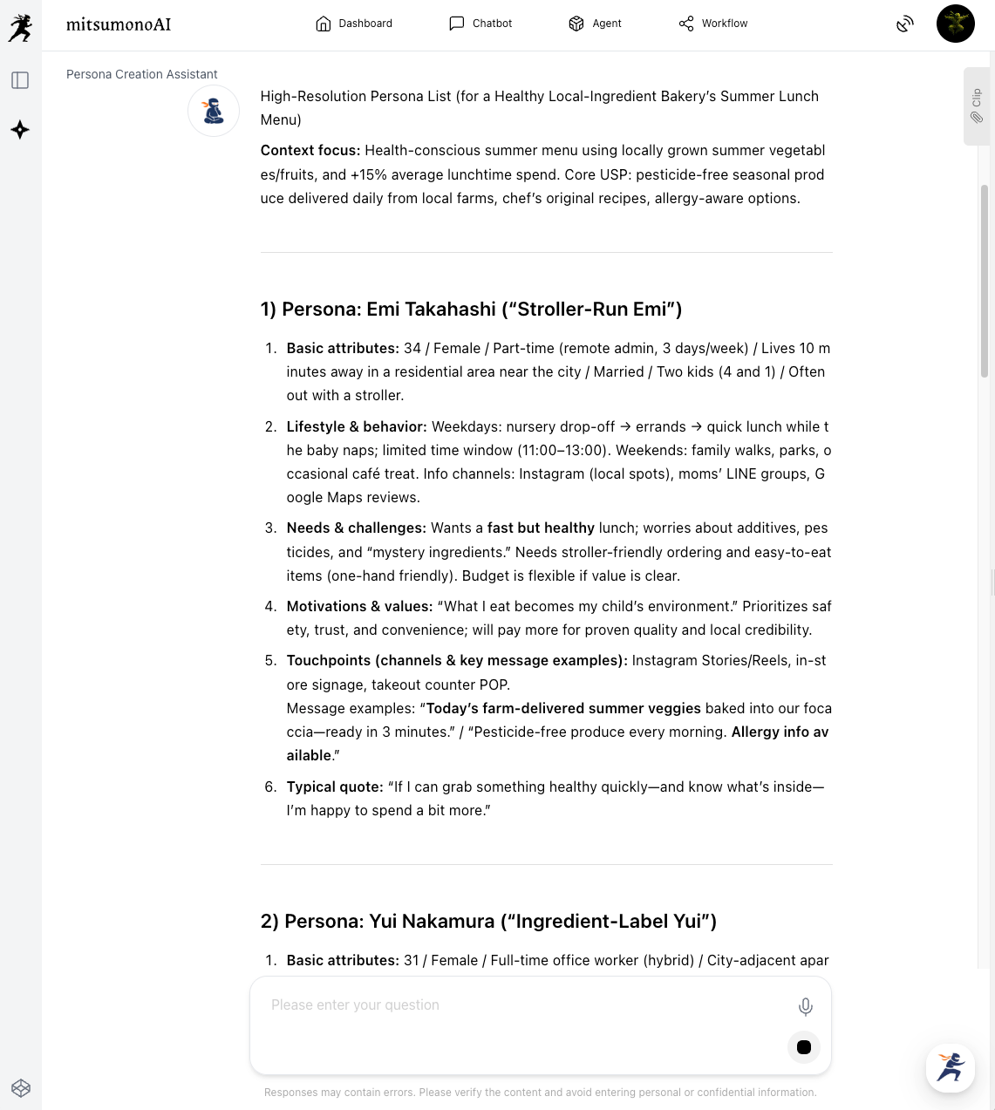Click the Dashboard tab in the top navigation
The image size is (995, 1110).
pyautogui.click(x=354, y=24)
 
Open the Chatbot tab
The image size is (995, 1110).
pyautogui.click(x=480, y=24)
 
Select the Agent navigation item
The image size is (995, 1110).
pyautogui.click(x=595, y=24)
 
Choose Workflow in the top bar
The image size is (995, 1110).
pyautogui.click(x=713, y=24)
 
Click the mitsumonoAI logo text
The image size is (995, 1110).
pyautogui.click(x=119, y=24)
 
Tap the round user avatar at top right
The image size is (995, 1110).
pyautogui.click(x=955, y=24)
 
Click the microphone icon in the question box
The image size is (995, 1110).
pyautogui.click(x=806, y=1007)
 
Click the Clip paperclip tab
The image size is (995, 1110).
pyautogui.click(x=977, y=106)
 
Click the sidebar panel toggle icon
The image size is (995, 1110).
pyautogui.click(x=20, y=80)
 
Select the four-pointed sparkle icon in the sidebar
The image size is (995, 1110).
pyautogui.click(x=20, y=130)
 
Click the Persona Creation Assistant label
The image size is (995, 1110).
pyautogui.click(x=142, y=74)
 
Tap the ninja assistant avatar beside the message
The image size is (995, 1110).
pyautogui.click(x=214, y=111)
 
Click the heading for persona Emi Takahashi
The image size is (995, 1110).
pyautogui.click(x=471, y=310)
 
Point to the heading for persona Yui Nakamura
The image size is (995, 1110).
pyautogui.click(x=488, y=922)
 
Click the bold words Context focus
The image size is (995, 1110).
pyautogui.click(x=310, y=151)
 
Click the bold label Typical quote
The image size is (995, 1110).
pyautogui.click(x=335, y=787)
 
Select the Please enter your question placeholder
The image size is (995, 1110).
pyautogui.click(x=355, y=1005)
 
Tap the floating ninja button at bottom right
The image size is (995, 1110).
pyautogui.click(x=950, y=1067)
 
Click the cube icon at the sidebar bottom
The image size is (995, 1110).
pyautogui.click(x=21, y=1087)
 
